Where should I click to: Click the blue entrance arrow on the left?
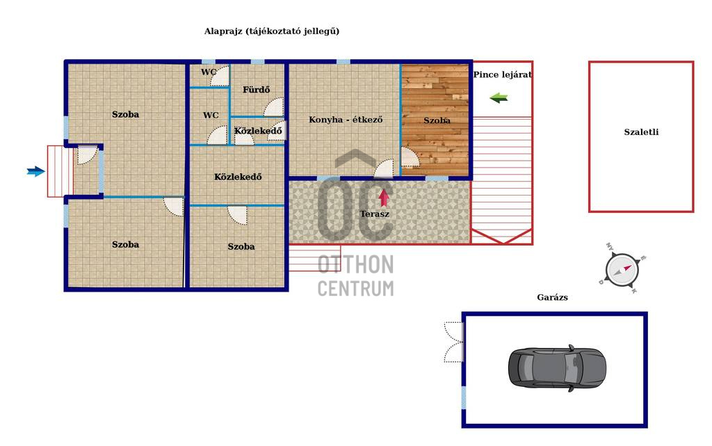click(35, 171)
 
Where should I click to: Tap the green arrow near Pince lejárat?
click(499, 98)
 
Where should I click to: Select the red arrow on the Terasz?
click(384, 197)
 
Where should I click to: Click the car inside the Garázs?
click(557, 367)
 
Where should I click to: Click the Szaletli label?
click(640, 132)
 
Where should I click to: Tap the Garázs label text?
click(552, 297)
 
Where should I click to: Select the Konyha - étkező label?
click(346, 120)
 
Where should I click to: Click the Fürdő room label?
click(256, 90)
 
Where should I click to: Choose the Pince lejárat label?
click(502, 74)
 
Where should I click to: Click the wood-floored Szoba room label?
click(437, 120)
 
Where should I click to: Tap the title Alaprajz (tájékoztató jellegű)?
click(271, 31)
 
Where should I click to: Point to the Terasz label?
click(374, 214)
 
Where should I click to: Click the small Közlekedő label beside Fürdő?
click(257, 131)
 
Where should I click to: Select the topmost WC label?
click(209, 72)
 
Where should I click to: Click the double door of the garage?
click(453, 342)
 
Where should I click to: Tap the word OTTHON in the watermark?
click(355, 264)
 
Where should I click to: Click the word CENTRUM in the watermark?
click(355, 287)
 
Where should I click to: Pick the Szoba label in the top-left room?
click(125, 114)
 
